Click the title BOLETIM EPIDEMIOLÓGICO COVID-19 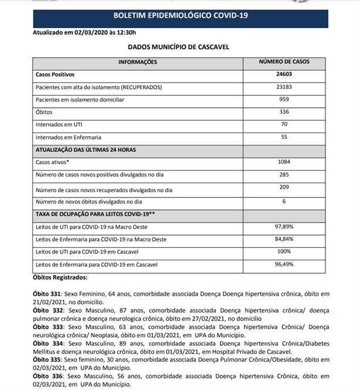pos(180,14)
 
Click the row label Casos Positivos pos(56,75)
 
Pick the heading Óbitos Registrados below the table pos(61,277)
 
